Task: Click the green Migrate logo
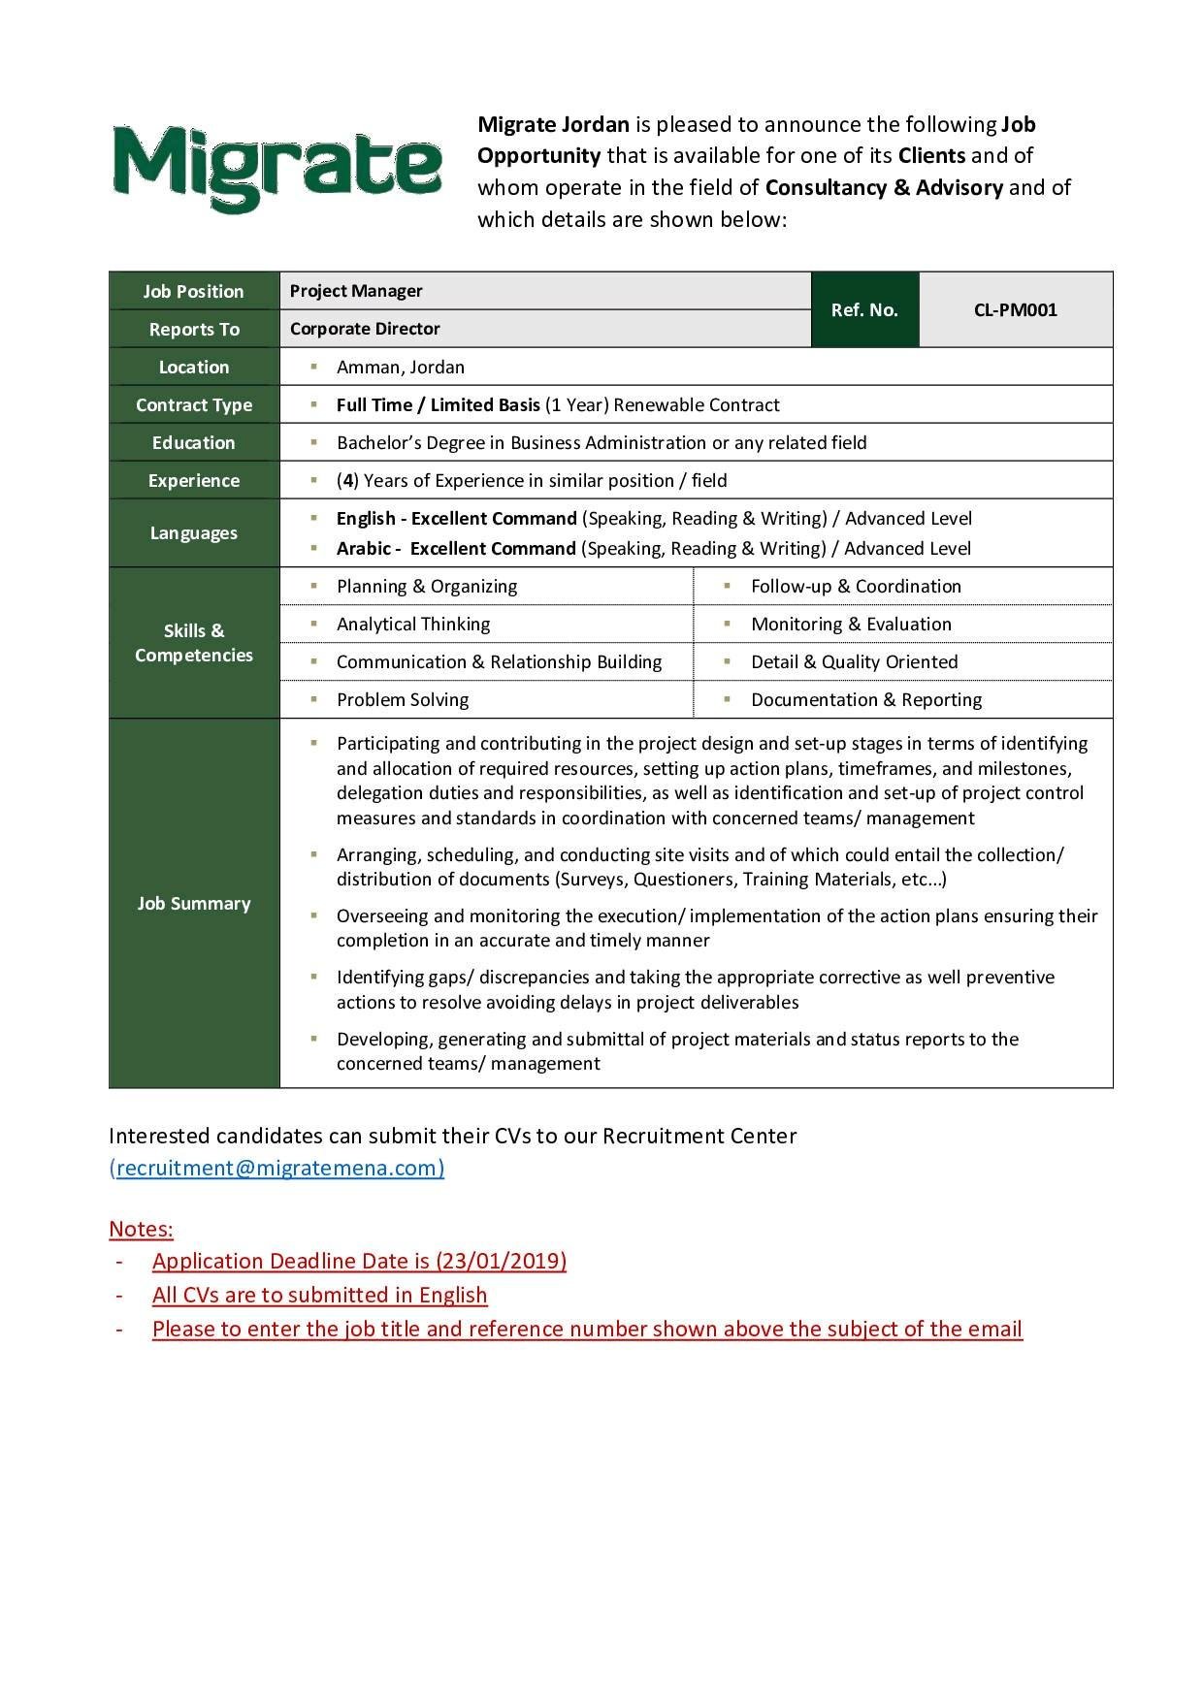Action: (276, 169)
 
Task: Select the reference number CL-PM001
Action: (1015, 310)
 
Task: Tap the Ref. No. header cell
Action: (864, 310)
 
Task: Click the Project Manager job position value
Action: (356, 291)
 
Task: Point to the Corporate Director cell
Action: (365, 329)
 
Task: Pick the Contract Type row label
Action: (194, 405)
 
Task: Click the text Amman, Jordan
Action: (400, 368)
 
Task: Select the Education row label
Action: (194, 443)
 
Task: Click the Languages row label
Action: (194, 533)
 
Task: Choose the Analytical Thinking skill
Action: (413, 625)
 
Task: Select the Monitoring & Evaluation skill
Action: (851, 625)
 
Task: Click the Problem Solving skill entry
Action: (403, 700)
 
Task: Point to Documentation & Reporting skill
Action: (866, 700)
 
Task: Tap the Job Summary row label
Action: (194, 904)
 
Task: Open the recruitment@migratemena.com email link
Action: (277, 1168)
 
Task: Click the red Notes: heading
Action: (141, 1230)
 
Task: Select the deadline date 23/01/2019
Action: (501, 1262)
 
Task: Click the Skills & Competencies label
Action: (194, 643)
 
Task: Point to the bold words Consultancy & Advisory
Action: (884, 188)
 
